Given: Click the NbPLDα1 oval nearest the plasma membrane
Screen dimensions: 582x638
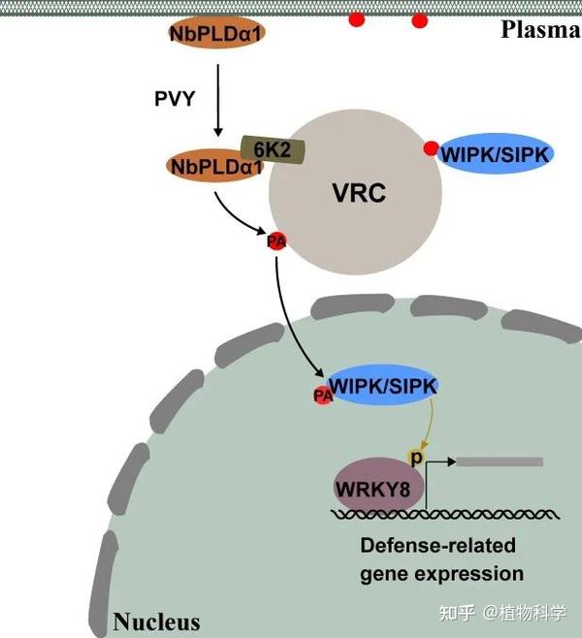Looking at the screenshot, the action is pyautogui.click(x=217, y=33).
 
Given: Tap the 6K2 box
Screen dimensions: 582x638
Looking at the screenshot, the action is pyautogui.click(x=273, y=149).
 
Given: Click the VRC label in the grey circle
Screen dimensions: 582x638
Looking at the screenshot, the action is pyautogui.click(x=359, y=193).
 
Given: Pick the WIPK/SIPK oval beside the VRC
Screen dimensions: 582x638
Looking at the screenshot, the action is pyautogui.click(x=496, y=154).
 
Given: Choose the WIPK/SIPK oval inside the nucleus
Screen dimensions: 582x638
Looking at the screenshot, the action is pyautogui.click(x=383, y=385).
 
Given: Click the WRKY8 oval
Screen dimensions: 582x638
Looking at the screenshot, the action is pyautogui.click(x=379, y=485).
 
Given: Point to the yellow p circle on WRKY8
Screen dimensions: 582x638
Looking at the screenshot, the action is pyautogui.click(x=415, y=458).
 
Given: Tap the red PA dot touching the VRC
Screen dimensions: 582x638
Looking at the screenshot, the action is pyautogui.click(x=276, y=241).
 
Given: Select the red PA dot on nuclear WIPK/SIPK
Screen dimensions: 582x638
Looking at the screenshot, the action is pyautogui.click(x=323, y=395).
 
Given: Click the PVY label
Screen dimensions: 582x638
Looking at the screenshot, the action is pyautogui.click(x=175, y=99).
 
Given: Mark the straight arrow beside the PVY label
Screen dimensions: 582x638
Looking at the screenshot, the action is pyautogui.click(x=218, y=100).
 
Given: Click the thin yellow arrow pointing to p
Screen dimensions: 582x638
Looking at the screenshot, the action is pyautogui.click(x=431, y=423).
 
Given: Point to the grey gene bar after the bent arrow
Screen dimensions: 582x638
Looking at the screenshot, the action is pyautogui.click(x=500, y=462).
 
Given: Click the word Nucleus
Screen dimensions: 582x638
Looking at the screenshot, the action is pyautogui.click(x=157, y=622).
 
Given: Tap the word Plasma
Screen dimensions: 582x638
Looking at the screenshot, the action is pyautogui.click(x=540, y=30).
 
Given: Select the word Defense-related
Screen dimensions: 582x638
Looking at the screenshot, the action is pyautogui.click(x=437, y=545).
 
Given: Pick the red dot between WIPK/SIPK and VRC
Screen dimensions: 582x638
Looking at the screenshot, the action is pyautogui.click(x=431, y=148).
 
